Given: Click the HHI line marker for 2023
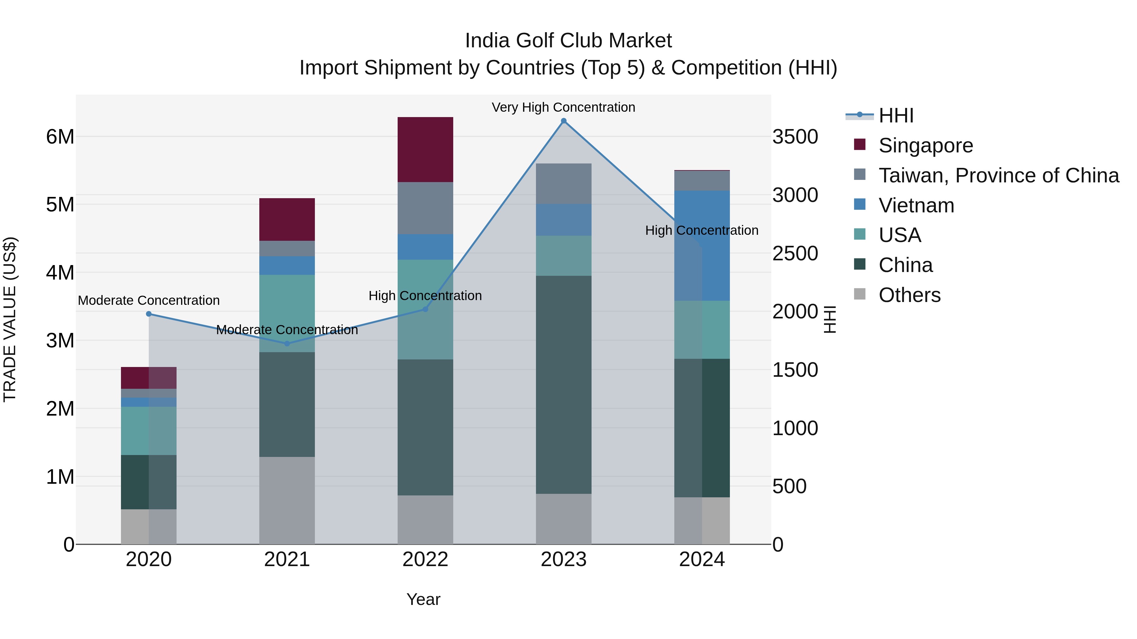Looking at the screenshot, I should [564, 121].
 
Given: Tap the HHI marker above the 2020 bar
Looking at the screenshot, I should [149, 314].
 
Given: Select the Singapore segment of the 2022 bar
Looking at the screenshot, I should [425, 150].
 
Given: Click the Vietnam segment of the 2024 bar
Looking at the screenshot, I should [702, 245].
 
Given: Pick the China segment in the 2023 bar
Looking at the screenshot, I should [564, 385].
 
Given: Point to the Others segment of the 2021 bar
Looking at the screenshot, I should [287, 500].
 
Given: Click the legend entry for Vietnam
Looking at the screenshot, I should [916, 205].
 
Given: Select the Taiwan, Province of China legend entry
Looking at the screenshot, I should [998, 175].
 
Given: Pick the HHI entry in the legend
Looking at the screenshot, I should [896, 115].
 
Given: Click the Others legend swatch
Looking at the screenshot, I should [860, 294].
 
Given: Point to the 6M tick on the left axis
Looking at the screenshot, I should [60, 137].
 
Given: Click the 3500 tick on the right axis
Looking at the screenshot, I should [795, 137].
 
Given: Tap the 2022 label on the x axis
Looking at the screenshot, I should [425, 559].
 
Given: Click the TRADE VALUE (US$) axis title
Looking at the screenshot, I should [10, 319].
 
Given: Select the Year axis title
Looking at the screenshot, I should [423, 599].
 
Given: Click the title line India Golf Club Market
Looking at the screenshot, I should [568, 41].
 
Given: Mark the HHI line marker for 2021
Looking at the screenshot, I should [287, 344].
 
